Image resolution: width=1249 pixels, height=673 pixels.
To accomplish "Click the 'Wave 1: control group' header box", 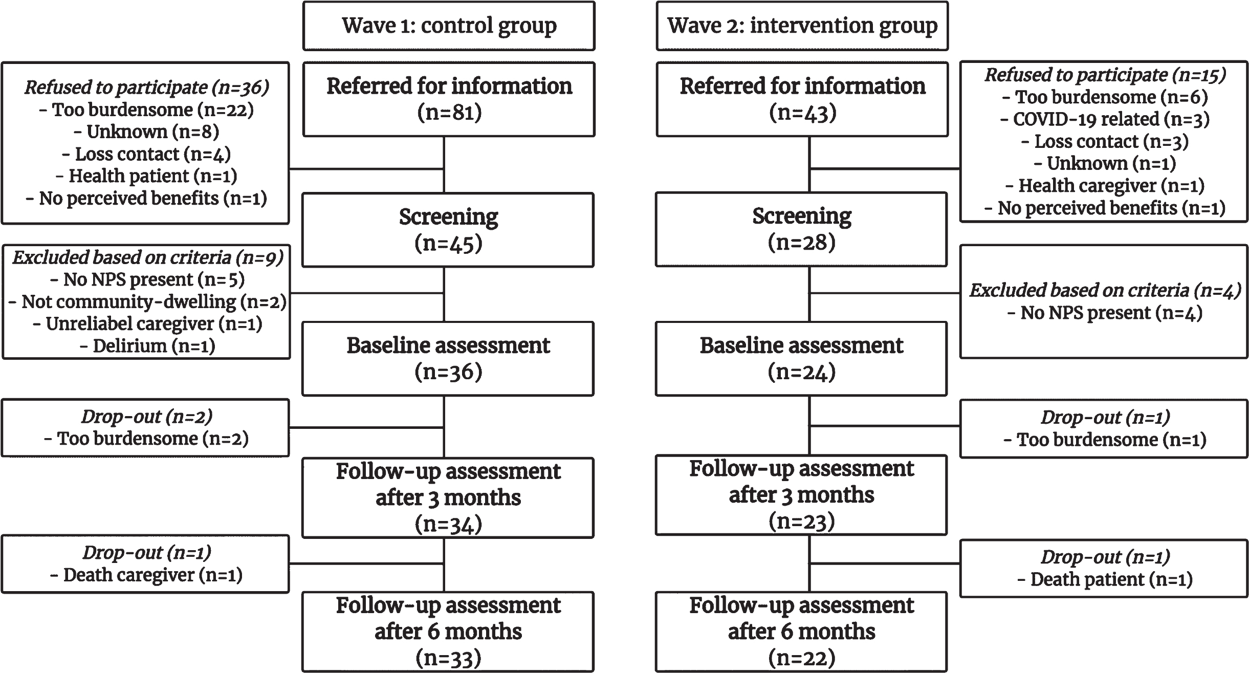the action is (449, 26).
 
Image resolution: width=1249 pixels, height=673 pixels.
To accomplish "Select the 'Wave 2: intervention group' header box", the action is (802, 26).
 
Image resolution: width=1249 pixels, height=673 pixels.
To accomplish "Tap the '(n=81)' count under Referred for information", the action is (449, 113).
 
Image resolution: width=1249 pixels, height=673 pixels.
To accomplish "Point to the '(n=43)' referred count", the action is (802, 113).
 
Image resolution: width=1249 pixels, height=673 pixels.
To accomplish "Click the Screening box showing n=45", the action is (448, 230).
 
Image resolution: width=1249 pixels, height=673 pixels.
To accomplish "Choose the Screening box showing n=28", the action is (801, 229).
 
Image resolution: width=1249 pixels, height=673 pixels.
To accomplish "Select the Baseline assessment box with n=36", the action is (448, 359).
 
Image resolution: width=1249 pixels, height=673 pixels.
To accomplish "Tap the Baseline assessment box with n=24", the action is (801, 359).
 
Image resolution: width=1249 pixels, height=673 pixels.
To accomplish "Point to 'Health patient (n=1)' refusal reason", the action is (146, 176).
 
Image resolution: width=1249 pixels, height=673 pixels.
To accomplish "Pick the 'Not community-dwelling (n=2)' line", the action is (147, 302).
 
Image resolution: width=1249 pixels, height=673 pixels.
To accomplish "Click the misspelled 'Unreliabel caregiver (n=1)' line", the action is (147, 324).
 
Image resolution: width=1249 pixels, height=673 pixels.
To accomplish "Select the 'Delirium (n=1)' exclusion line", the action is (147, 346).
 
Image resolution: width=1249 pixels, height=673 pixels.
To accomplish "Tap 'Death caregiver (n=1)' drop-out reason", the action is (146, 575).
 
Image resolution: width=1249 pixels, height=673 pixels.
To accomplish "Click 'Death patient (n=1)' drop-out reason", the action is (1105, 579).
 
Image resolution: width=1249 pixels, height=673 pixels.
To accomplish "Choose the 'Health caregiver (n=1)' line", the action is (1105, 186).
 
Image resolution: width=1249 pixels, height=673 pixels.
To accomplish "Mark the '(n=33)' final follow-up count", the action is (448, 659).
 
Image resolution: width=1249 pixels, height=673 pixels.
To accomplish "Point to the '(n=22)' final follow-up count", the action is (801, 658).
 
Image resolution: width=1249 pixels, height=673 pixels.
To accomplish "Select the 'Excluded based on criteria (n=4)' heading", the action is (1105, 291).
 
